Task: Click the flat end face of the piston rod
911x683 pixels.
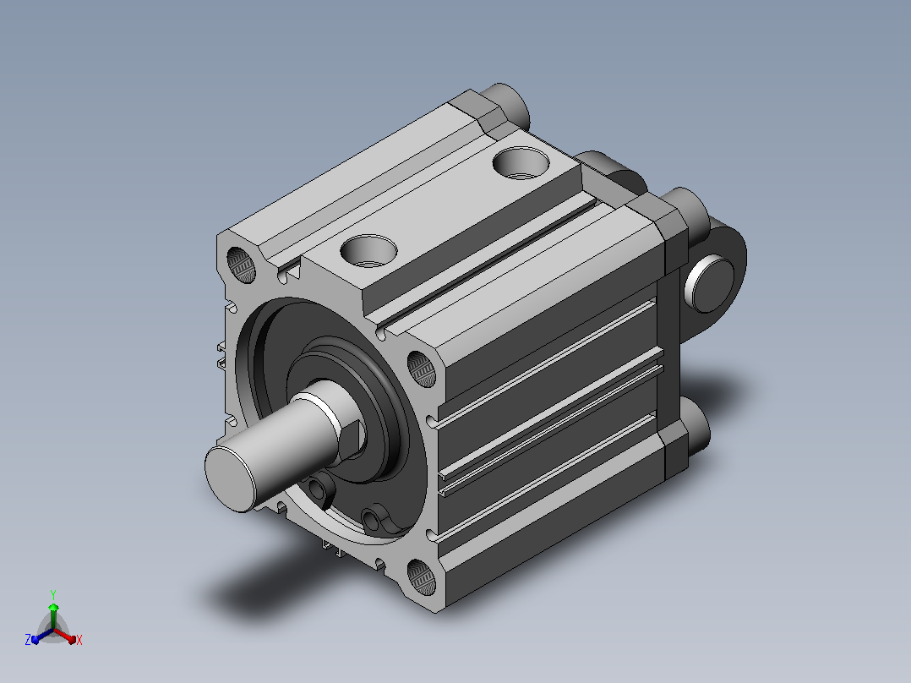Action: (230, 479)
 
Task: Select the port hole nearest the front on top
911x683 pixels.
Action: (368, 252)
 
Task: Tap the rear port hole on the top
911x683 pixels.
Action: (521, 163)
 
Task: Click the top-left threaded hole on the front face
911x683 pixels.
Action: (241, 265)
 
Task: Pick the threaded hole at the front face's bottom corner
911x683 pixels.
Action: (421, 577)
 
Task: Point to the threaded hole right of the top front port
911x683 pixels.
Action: (421, 369)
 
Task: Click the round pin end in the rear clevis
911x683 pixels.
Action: (710, 285)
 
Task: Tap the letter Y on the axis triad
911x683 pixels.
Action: (53, 594)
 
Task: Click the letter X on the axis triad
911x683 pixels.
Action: (79, 640)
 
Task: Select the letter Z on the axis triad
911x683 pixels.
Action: (28, 640)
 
